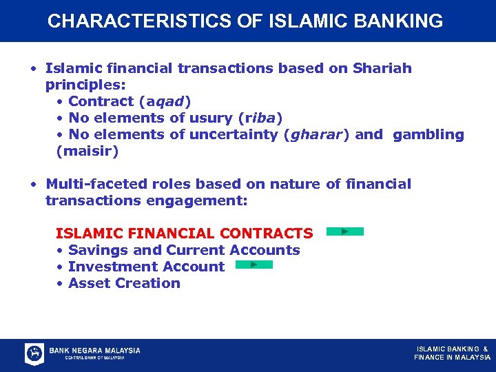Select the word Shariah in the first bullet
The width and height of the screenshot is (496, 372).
pos(382,68)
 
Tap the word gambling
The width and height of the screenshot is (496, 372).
pos(428,134)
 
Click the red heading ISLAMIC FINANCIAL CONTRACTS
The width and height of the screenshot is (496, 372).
pos(184,234)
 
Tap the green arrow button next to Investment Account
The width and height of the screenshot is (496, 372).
pos(254,265)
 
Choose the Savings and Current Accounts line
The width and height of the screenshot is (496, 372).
pos(184,250)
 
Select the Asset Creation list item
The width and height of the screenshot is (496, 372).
pos(124,283)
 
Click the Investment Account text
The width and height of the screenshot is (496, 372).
pos(146,267)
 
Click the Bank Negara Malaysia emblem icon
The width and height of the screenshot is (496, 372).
pos(34,353)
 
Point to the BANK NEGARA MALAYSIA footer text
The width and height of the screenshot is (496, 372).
pos(94,351)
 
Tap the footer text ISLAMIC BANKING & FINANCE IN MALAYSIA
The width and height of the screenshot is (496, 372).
pos(452,353)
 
